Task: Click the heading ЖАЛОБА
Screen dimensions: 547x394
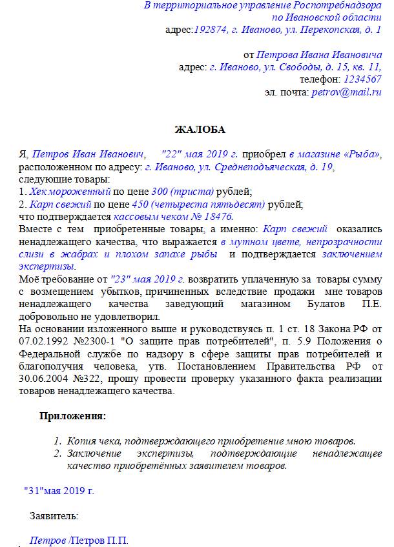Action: click(x=200, y=129)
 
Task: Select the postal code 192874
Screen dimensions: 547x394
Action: click(x=210, y=30)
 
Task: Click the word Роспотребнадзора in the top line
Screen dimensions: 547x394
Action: click(x=340, y=6)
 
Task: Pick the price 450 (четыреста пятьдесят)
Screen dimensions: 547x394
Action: click(x=208, y=204)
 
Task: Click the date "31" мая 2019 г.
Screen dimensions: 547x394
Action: click(x=59, y=490)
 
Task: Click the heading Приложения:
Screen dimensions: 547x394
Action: click(x=73, y=416)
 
